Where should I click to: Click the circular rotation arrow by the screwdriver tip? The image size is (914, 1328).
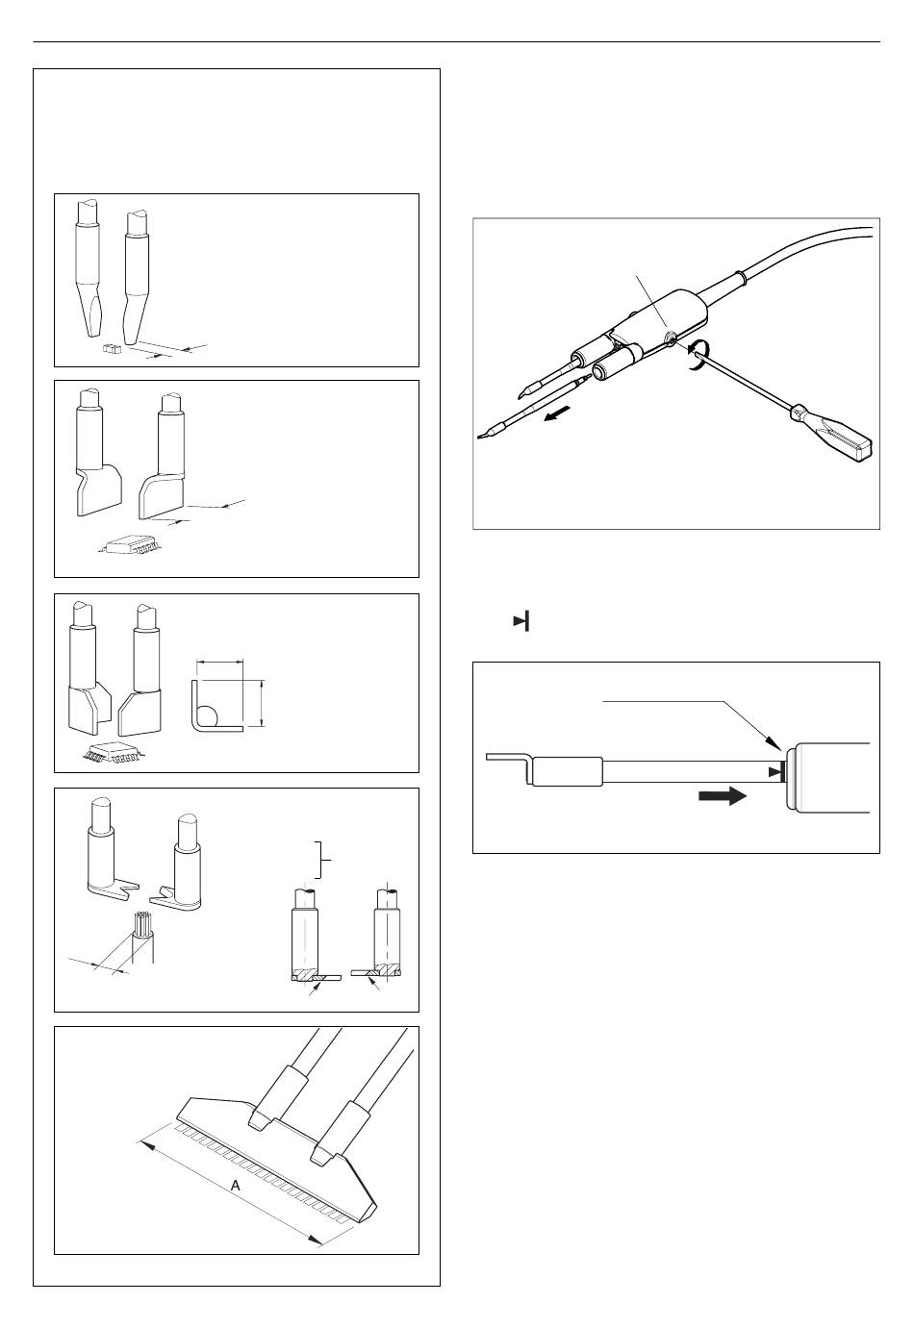(x=695, y=355)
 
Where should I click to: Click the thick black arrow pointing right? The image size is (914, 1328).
(x=722, y=795)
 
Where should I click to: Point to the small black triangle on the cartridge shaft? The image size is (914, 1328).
(x=774, y=772)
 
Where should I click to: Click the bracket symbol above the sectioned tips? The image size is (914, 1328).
(x=321, y=860)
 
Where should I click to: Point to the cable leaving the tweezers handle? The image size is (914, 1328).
(x=795, y=256)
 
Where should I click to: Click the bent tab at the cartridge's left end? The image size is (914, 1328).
(x=508, y=764)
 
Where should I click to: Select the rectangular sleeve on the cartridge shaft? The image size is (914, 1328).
(x=568, y=771)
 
